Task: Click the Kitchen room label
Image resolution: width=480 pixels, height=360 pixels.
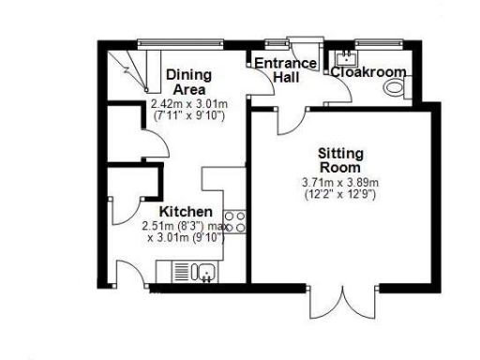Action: [x=185, y=212]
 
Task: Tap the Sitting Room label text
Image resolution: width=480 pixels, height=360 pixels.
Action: [x=340, y=160]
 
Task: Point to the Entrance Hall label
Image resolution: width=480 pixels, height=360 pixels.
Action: [x=279, y=70]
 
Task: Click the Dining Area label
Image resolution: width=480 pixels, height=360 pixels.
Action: [x=188, y=82]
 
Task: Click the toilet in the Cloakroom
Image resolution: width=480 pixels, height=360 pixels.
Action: [x=396, y=88]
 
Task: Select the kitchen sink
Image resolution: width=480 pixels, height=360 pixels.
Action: [x=204, y=272]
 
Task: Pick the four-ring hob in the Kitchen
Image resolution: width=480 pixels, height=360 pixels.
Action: [x=235, y=221]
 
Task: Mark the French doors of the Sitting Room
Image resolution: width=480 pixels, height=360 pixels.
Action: [x=346, y=298]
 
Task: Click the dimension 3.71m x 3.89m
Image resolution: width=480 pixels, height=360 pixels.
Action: [x=340, y=182]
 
